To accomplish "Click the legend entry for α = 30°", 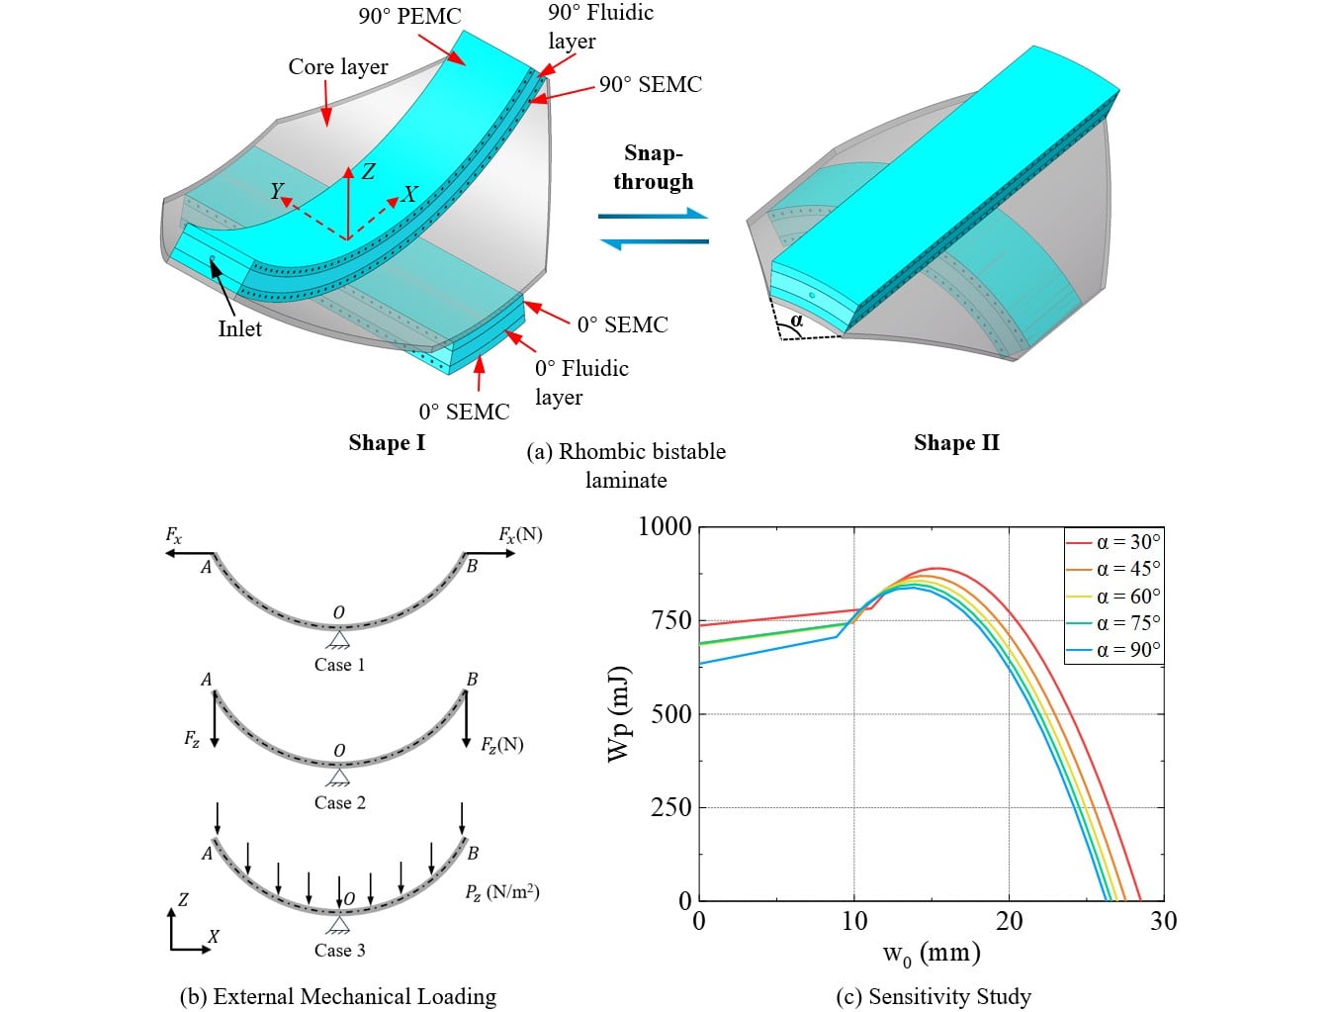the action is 1113,541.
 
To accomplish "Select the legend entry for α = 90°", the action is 1113,650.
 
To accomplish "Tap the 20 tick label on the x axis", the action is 1009,921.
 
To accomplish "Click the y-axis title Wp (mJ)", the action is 619,714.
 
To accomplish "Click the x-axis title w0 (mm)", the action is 932,954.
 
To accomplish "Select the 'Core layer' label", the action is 337,66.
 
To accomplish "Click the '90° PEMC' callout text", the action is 410,16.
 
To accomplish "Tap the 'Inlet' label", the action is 239,328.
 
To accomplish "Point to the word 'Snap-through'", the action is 654,167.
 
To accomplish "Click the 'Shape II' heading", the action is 956,442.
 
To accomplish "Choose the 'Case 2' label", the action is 340,803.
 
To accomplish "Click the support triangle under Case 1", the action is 338,639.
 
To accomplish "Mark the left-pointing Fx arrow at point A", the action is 189,553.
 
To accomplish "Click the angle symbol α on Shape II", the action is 797,320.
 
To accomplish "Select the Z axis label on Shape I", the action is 368,171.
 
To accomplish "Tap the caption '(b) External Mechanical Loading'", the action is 338,996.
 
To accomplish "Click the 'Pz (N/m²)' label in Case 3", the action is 502,892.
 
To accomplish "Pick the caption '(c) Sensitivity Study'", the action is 934,996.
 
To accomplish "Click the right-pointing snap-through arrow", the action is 654,214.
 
